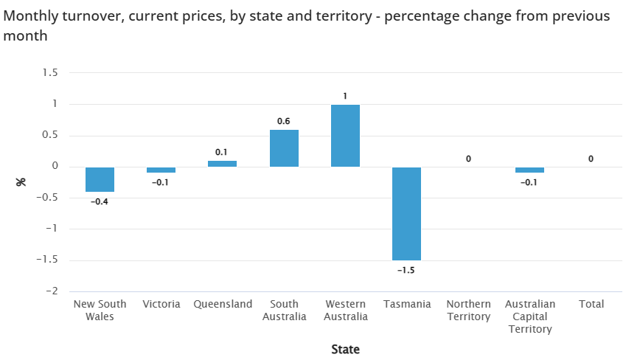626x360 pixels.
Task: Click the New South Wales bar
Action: click(100, 179)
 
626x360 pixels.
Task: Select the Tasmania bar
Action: click(406, 213)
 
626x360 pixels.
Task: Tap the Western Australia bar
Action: click(345, 136)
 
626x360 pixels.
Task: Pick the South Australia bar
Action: click(284, 148)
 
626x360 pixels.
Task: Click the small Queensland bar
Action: click(222, 164)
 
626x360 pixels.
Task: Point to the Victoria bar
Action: click(161, 170)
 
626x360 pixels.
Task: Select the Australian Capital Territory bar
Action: click(529, 170)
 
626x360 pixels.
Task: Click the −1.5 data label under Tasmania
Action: click(406, 270)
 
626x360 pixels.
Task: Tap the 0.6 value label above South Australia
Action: click(284, 121)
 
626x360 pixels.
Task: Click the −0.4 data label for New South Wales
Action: click(100, 201)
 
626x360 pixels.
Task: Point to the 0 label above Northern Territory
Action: click(467, 159)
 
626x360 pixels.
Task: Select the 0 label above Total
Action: click(591, 159)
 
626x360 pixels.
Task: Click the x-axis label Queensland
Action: click(223, 304)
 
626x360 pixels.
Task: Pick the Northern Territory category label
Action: click(468, 310)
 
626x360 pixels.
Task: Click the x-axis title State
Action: click(345, 349)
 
